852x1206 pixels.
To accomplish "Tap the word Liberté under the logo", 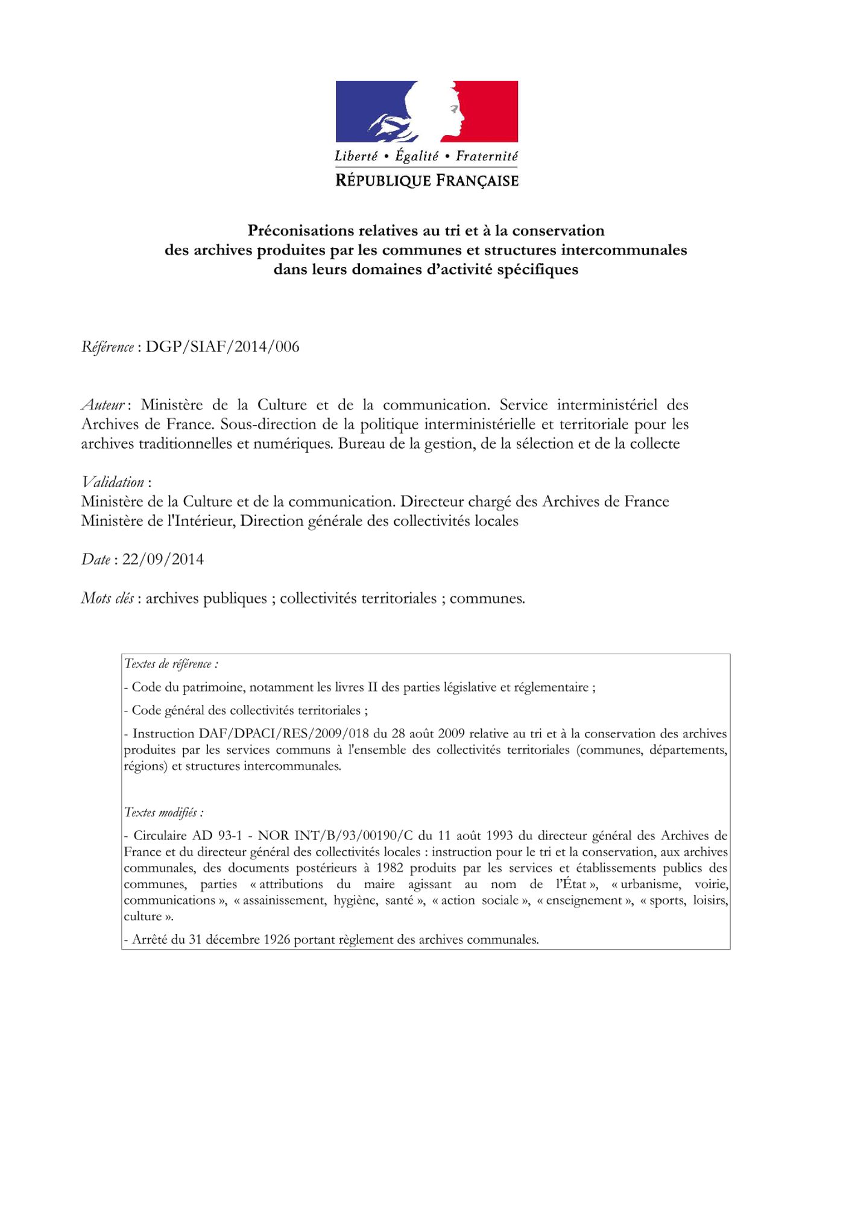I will (x=356, y=156).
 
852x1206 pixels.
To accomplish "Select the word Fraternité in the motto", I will (x=487, y=156).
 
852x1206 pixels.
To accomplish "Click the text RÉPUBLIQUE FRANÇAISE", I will (x=426, y=180).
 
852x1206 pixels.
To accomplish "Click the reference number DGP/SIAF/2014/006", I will (x=222, y=347).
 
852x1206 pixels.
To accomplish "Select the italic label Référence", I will (x=107, y=347).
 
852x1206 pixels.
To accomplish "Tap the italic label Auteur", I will (x=103, y=405).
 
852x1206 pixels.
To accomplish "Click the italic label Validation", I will (x=113, y=482).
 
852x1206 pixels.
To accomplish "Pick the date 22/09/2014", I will (x=163, y=560).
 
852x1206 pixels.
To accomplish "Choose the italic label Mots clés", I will (x=107, y=598).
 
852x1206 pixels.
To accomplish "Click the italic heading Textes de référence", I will (x=171, y=665).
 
